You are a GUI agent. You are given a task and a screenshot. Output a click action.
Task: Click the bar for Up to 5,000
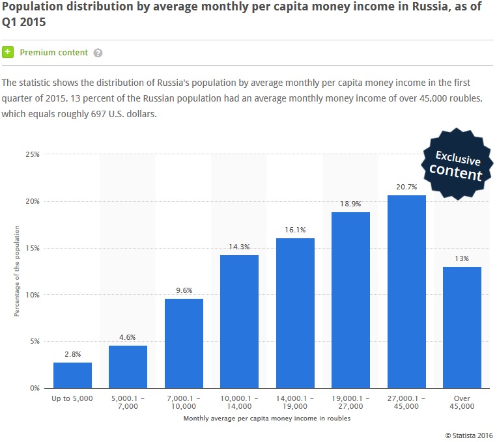pos(72,375)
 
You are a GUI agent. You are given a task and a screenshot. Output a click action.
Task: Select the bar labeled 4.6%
pos(128,366)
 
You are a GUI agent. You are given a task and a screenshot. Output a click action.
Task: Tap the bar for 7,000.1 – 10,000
pos(184,343)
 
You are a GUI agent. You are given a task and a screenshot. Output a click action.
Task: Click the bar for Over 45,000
pos(462,327)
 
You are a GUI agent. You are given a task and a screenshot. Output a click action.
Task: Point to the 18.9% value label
pos(350,204)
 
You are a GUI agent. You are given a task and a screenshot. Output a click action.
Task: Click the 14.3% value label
pos(239,247)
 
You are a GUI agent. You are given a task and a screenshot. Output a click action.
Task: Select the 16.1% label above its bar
pos(295,230)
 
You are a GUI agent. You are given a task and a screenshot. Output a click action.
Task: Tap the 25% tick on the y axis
pos(33,154)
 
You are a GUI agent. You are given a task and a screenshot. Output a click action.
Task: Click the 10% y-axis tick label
pos(33,295)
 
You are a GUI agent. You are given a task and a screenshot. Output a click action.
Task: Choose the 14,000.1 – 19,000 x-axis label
pos(295,402)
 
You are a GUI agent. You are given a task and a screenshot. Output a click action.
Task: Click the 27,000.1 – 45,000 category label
pos(406,402)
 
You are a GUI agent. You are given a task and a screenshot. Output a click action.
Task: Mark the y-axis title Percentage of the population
pos(17,271)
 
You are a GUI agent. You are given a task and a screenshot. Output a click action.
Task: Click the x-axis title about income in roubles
pos(267,419)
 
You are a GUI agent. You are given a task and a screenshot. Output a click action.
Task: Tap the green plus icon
pos(8,52)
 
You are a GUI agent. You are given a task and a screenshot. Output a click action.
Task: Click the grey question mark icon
pos(98,53)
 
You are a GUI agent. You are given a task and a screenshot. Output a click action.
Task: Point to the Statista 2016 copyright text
pos(469,434)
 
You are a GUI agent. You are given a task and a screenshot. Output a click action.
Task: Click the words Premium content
pos(53,53)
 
